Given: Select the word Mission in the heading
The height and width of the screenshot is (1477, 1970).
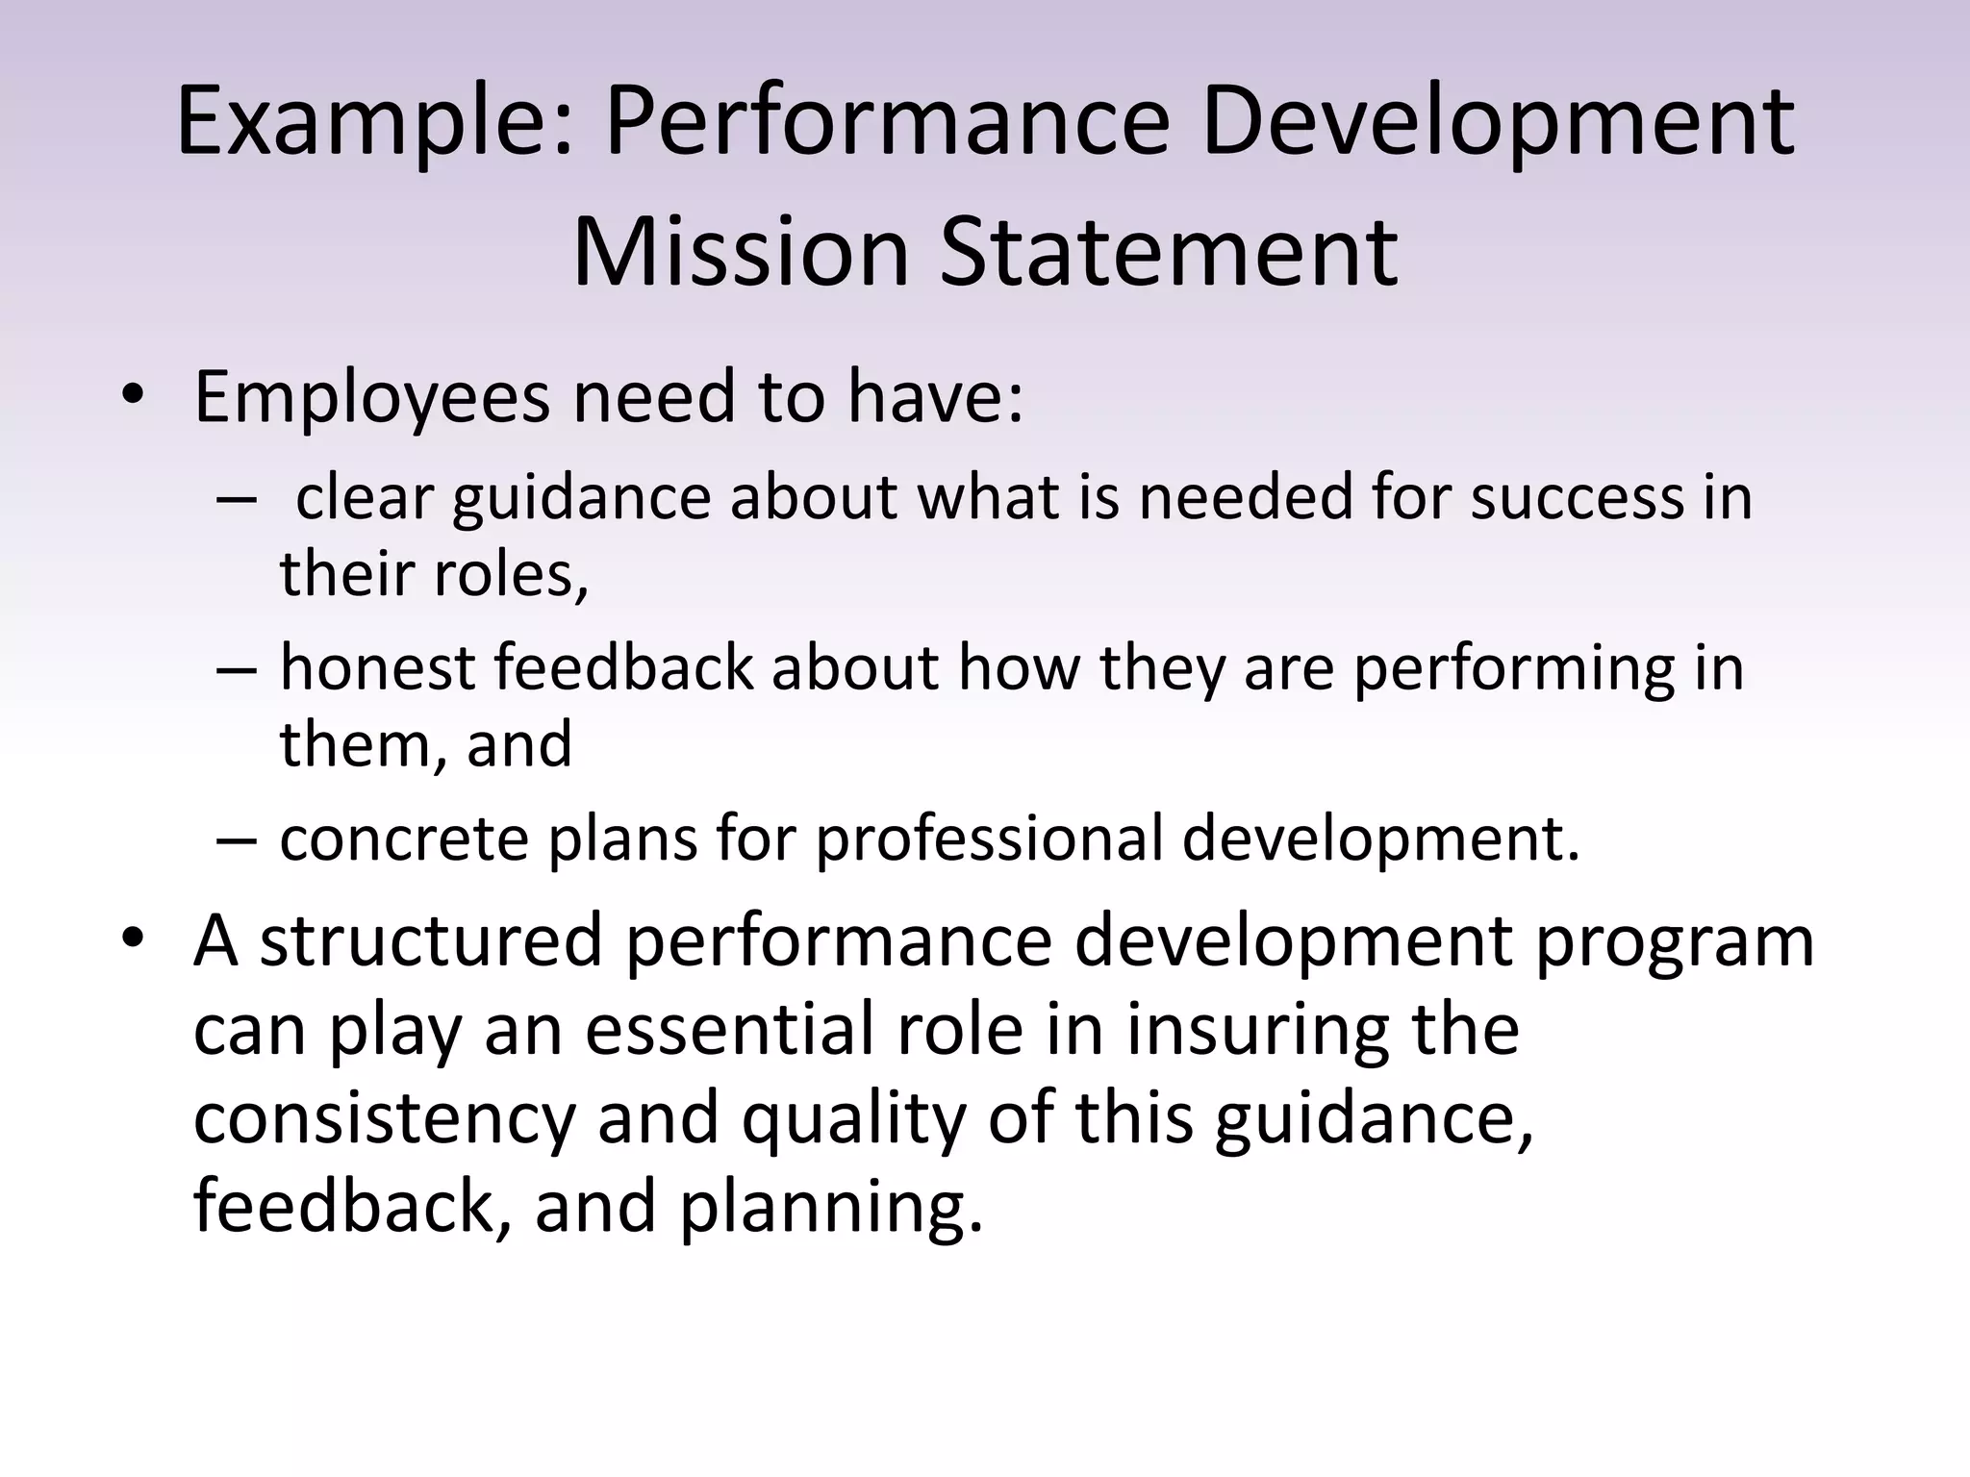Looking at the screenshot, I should (x=741, y=252).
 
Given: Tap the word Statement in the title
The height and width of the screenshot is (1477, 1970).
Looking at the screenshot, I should (x=1168, y=252).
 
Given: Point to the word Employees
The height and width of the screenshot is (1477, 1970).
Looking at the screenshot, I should (x=370, y=399).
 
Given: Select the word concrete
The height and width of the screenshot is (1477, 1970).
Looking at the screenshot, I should (x=404, y=839).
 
